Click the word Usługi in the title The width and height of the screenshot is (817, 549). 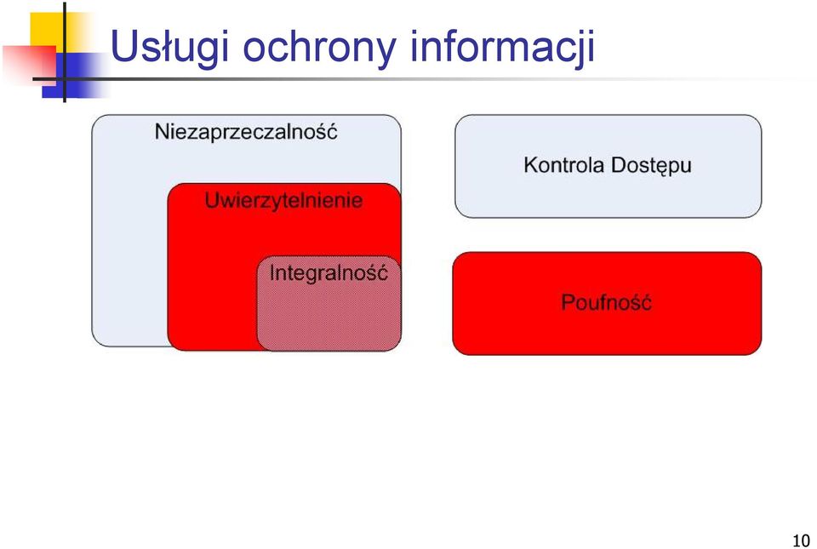(x=170, y=48)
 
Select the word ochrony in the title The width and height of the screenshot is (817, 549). (x=319, y=48)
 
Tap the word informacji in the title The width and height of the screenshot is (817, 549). (x=502, y=48)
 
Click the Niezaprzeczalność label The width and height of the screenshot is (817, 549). (x=246, y=131)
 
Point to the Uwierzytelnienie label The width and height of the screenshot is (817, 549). (x=283, y=200)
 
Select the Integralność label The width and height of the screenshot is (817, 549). (x=329, y=272)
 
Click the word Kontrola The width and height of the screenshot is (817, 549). (x=563, y=164)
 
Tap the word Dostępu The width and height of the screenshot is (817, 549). (x=651, y=166)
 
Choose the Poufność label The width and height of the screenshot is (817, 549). (x=606, y=301)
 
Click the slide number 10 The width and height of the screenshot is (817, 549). (x=801, y=540)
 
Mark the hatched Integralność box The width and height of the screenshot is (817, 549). (x=329, y=303)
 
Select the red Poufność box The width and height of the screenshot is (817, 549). (x=607, y=303)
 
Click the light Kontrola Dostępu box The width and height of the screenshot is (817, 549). (x=608, y=166)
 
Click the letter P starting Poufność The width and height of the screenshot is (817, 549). (x=568, y=302)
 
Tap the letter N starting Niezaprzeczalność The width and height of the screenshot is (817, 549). (x=162, y=132)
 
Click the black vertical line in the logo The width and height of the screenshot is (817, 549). (x=65, y=52)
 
